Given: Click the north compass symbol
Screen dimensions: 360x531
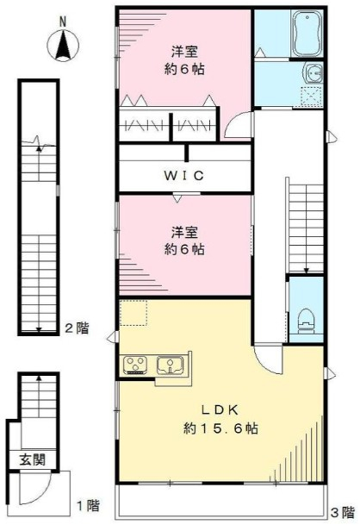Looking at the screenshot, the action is pos(63,46).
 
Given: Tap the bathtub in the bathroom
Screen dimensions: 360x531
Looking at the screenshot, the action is pos(307,34).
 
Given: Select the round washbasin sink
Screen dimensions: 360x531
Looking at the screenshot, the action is pos(313,72).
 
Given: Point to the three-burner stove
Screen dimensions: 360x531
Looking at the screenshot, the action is pos(135,365).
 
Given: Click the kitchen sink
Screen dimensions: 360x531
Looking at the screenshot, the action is pos(170,365).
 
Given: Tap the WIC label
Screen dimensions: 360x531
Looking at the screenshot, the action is pos(184,176).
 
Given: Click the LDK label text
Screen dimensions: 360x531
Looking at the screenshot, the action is pos(220,410).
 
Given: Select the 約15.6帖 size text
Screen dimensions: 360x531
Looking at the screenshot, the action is pos(220,428).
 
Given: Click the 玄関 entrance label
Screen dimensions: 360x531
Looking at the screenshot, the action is pos(32,460).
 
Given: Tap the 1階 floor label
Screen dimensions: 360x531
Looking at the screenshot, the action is pos(89,506).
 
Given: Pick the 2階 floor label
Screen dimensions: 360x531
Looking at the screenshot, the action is pos(78,328).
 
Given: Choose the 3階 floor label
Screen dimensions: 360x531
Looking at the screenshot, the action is pos(342,513).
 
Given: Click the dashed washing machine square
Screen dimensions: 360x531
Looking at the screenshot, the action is pos(311,97).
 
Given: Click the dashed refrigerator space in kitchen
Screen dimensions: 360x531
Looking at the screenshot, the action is pos(133,313).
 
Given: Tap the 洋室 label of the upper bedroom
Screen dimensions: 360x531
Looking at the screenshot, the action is pos(184,52).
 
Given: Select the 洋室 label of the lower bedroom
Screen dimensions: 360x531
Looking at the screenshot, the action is pos(184,233).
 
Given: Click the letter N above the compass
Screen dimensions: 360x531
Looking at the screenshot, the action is pos(62,22).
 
